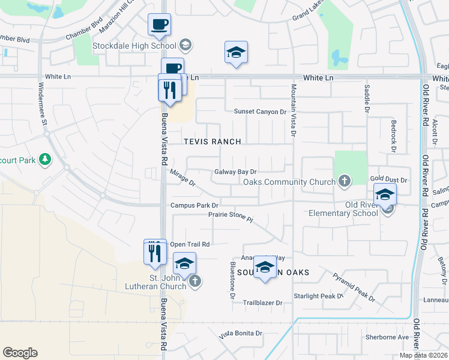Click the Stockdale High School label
pos(133,45)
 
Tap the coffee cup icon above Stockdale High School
pos(160,25)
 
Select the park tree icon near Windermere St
pos(44,159)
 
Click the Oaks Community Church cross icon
pos(345,180)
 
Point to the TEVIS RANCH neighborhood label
pos(212,142)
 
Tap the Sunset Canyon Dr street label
pos(260,112)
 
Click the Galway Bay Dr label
pos(235,172)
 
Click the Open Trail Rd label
pos(190,244)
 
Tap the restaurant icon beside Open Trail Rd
pos(155,252)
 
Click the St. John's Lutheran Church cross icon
pos(194,280)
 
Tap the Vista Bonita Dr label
pos(240,334)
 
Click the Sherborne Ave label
pos(388,337)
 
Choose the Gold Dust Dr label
pos(388,179)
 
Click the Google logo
pos(20,353)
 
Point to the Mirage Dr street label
pos(183,178)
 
